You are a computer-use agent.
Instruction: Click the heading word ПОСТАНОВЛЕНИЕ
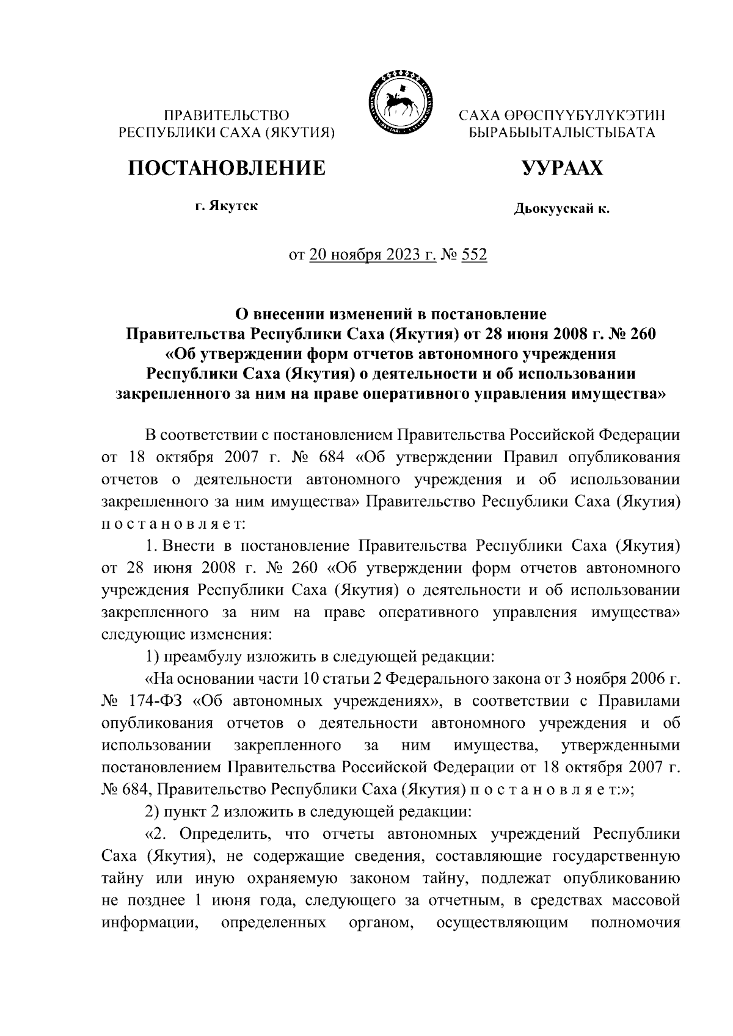pyautogui.click(x=227, y=167)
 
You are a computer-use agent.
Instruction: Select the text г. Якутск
pyautogui.click(x=227, y=206)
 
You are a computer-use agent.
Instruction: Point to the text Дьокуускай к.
pyautogui.click(x=561, y=209)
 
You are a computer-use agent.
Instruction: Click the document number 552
pyautogui.click(x=474, y=255)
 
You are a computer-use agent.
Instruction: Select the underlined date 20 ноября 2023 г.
pyautogui.click(x=373, y=255)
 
